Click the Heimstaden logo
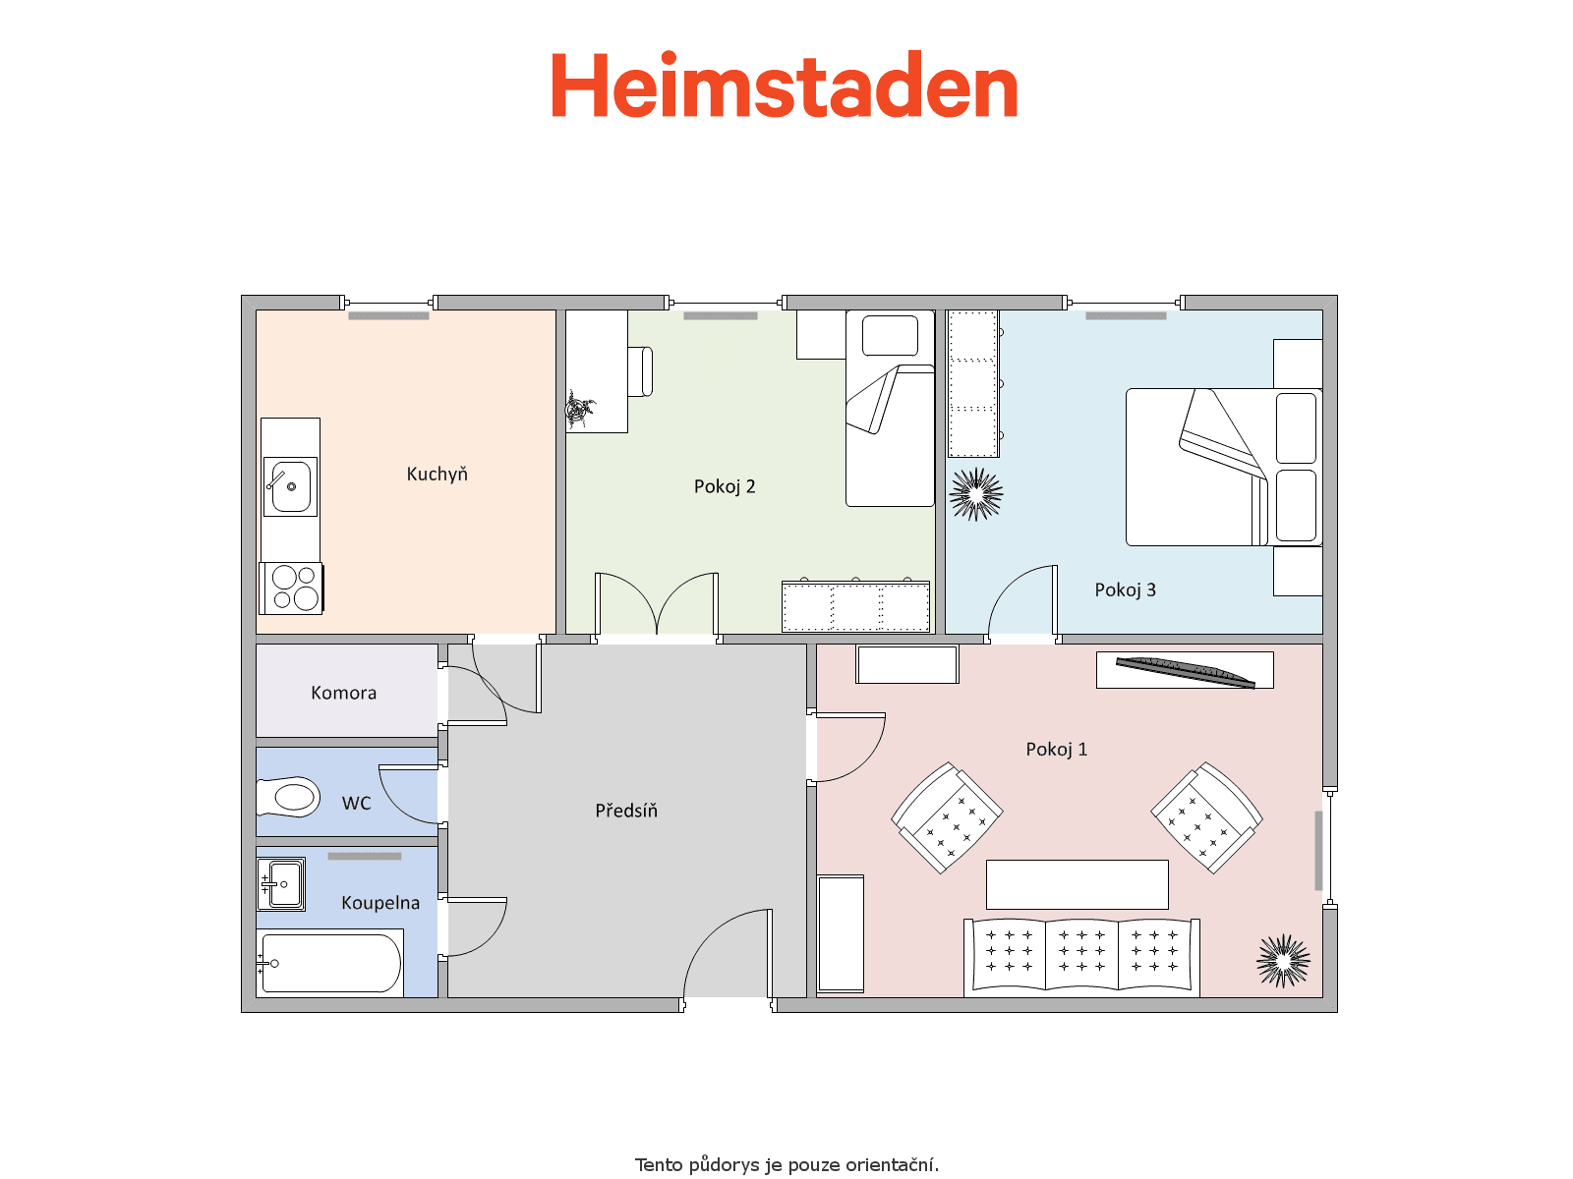click(785, 84)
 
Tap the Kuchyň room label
click(437, 474)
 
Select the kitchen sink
click(290, 486)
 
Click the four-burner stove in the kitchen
click(292, 589)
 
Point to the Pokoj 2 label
click(724, 486)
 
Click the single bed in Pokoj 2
click(890, 408)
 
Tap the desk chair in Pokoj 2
click(641, 370)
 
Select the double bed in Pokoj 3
click(1223, 468)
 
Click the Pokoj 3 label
click(1125, 589)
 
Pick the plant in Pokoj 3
click(976, 494)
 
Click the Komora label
click(343, 693)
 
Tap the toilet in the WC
click(288, 797)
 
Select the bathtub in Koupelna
click(330, 964)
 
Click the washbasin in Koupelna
click(281, 884)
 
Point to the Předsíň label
click(625, 811)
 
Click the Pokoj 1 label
click(1056, 750)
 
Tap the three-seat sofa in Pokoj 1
click(1081, 958)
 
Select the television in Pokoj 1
click(1185, 672)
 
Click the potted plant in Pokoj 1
click(1283, 962)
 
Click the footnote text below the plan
click(786, 1164)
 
